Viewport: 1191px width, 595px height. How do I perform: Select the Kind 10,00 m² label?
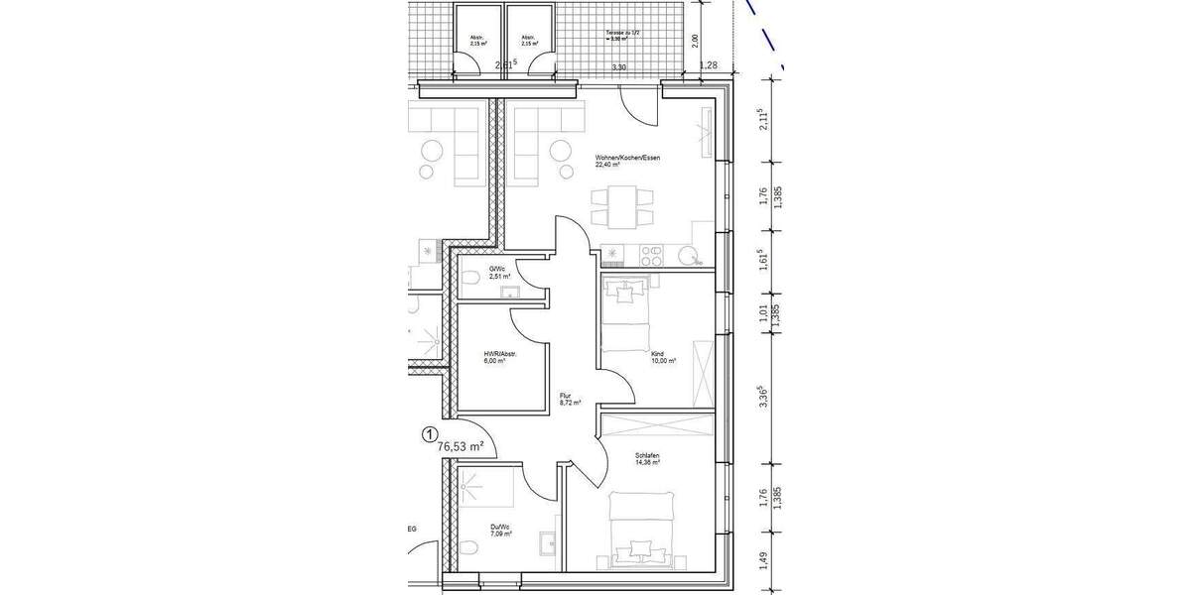tap(663, 357)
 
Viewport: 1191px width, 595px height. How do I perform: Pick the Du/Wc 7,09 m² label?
tap(500, 531)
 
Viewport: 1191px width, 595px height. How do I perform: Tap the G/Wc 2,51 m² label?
tap(498, 273)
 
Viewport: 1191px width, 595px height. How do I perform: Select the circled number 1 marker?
tap(430, 433)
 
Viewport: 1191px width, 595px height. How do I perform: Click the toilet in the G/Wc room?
tap(473, 277)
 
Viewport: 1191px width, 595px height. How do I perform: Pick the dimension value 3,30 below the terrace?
tap(619, 67)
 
